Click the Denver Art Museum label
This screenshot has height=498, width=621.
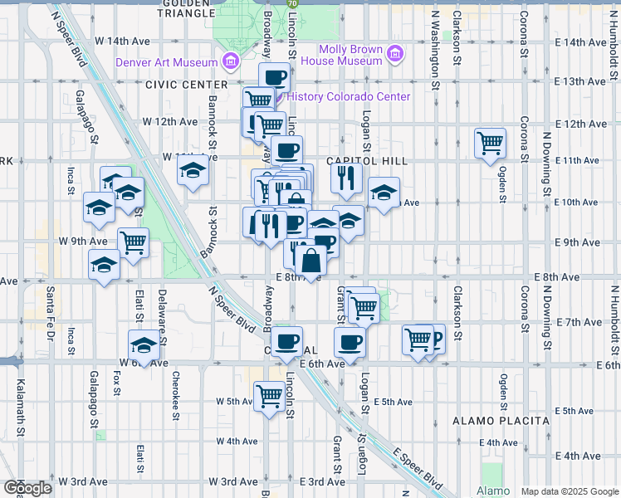coord(165,61)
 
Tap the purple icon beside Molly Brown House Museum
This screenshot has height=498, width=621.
coord(395,55)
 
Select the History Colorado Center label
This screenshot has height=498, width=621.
coord(348,96)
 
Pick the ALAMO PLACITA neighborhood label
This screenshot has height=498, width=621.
coord(501,421)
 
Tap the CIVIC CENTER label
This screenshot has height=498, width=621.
coord(185,85)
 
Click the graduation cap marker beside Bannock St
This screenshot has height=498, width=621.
coord(193,172)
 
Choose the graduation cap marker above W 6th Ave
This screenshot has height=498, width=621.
coord(144,344)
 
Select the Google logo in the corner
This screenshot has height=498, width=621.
coord(27,488)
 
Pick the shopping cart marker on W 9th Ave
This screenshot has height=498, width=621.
coord(133,242)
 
